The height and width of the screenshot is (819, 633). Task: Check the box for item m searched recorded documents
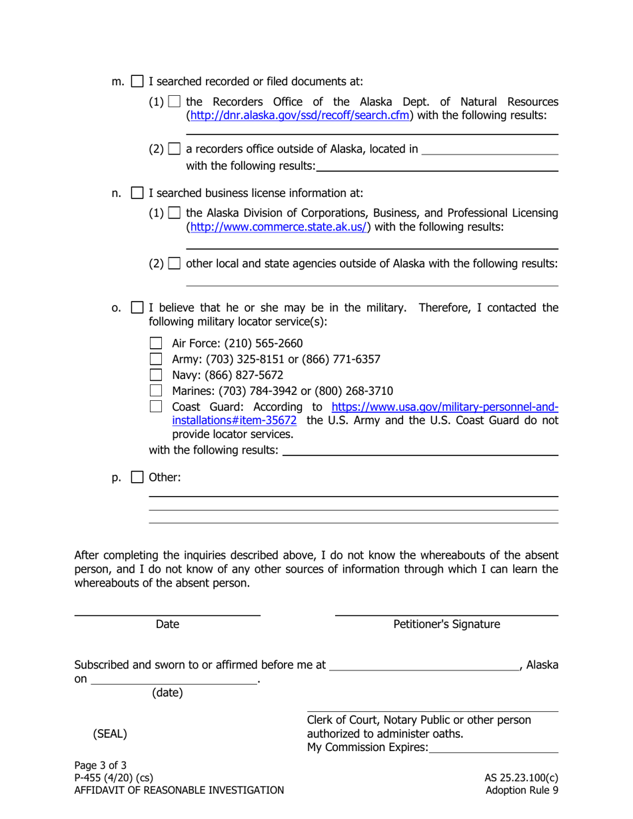(137, 82)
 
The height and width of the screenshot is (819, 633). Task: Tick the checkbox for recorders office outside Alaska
(175, 148)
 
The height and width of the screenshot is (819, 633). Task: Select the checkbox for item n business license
(137, 194)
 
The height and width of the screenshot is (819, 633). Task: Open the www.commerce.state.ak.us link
(279, 227)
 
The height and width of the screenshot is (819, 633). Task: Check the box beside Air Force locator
(156, 344)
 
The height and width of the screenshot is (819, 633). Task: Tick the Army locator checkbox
(156, 360)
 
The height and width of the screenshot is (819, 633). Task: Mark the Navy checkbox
(156, 375)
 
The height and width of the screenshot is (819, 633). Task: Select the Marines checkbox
(156, 391)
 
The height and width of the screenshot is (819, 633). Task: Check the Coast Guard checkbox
(156, 407)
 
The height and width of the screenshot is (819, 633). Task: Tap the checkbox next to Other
(137, 477)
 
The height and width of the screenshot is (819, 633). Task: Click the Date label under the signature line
(167, 625)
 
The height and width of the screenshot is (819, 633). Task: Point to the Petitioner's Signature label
(446, 625)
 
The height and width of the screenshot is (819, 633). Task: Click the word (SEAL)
(110, 734)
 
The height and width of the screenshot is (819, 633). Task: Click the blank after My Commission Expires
(494, 748)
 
